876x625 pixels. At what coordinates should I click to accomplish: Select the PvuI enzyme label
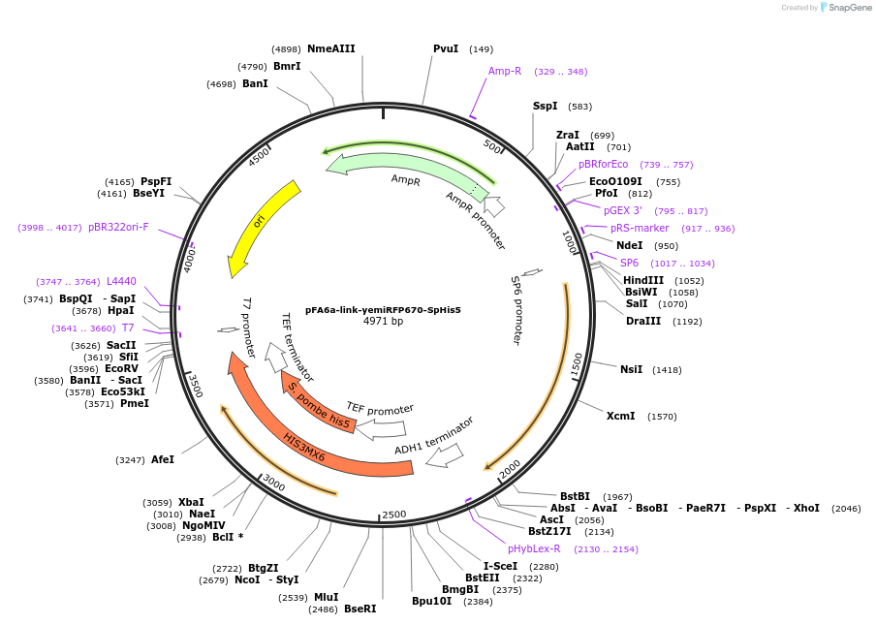[446, 48]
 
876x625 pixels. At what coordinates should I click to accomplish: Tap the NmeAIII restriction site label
[331, 48]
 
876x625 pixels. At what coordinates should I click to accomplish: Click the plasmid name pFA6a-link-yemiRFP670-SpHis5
[383, 310]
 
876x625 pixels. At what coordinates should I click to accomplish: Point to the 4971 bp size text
[383, 321]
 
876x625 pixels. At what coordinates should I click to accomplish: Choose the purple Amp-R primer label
[505, 71]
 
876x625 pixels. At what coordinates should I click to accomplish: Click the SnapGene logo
[845, 8]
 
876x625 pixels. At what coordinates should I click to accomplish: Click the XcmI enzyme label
[620, 416]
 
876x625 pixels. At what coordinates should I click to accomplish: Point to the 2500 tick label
[394, 515]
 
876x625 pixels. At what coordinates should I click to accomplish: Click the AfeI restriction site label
[163, 459]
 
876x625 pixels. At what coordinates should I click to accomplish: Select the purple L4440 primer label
[121, 281]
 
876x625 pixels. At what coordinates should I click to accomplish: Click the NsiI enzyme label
[632, 369]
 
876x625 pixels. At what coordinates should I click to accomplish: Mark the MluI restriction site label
[326, 597]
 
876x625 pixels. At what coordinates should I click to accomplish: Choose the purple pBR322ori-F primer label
[118, 227]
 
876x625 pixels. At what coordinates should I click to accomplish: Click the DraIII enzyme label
[644, 321]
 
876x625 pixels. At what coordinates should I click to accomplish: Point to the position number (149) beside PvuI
[481, 49]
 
